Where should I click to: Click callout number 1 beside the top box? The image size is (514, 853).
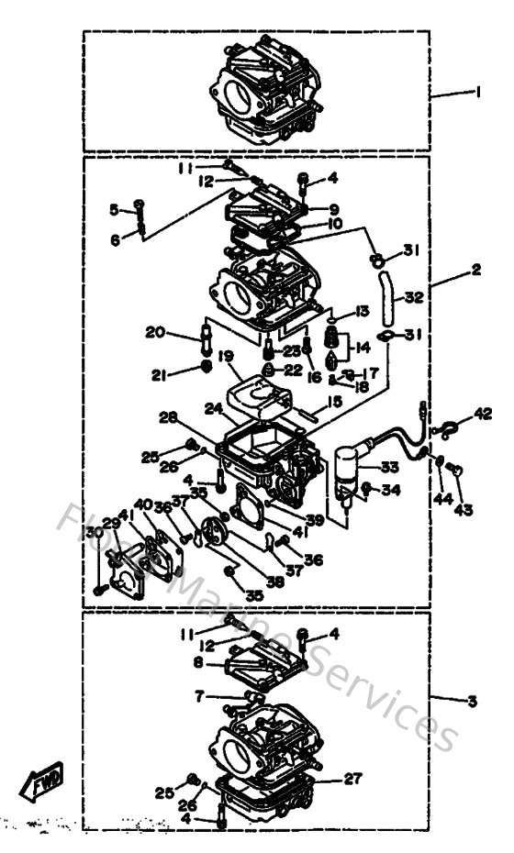tap(477, 92)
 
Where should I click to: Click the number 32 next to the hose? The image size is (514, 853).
tap(413, 297)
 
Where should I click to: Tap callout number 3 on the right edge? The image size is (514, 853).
tap(472, 702)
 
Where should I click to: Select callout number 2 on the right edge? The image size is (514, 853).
tap(476, 271)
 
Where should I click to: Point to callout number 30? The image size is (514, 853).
tap(93, 533)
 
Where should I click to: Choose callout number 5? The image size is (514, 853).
tap(114, 209)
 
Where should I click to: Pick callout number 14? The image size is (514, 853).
tap(362, 348)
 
